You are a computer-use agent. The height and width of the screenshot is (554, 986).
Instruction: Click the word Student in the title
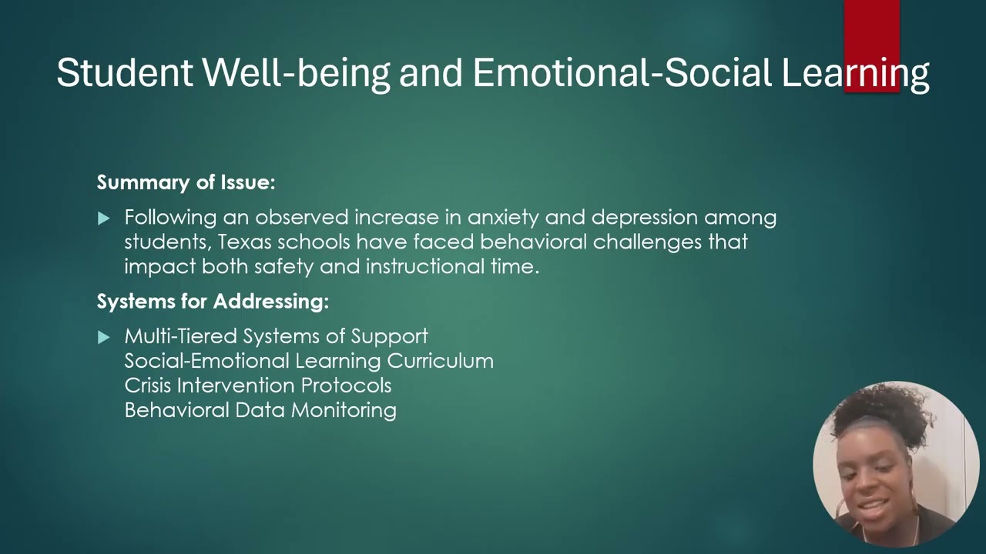125,72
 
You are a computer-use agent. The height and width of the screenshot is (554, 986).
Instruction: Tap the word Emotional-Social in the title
622,72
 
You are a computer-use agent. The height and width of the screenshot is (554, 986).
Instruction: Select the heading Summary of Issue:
186,182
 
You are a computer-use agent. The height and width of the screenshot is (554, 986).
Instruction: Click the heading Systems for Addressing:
213,302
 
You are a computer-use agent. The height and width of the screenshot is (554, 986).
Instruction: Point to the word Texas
244,242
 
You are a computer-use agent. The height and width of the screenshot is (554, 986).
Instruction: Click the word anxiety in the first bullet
503,218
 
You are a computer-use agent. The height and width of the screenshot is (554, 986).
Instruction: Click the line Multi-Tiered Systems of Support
276,336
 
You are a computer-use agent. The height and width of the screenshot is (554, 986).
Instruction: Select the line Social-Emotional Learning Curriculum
309,361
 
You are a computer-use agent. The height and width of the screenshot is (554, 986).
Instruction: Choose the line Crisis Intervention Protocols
258,385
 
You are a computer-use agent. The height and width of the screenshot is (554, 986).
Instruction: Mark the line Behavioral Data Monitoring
260,410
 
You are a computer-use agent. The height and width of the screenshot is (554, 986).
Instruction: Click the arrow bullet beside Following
103,218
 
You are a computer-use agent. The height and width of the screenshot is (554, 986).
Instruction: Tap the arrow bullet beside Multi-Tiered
103,337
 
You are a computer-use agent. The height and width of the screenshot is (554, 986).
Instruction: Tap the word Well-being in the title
297,73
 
